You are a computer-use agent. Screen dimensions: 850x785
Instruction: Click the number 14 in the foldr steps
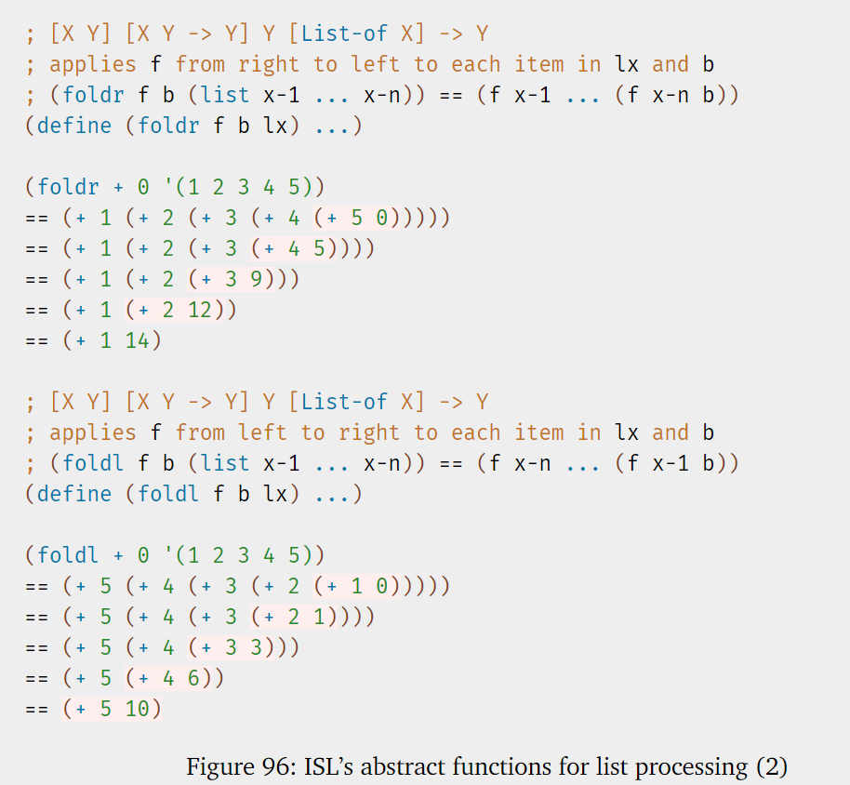137,340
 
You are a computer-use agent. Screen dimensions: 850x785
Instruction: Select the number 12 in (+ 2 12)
200,310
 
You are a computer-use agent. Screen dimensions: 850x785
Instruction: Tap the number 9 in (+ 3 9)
257,279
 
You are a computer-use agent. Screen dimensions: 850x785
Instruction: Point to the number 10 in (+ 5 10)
137,709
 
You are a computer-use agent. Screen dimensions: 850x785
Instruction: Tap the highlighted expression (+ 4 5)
300,248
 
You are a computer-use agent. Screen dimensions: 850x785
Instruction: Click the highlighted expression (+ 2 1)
300,617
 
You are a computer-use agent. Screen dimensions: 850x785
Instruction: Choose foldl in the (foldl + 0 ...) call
68,555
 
